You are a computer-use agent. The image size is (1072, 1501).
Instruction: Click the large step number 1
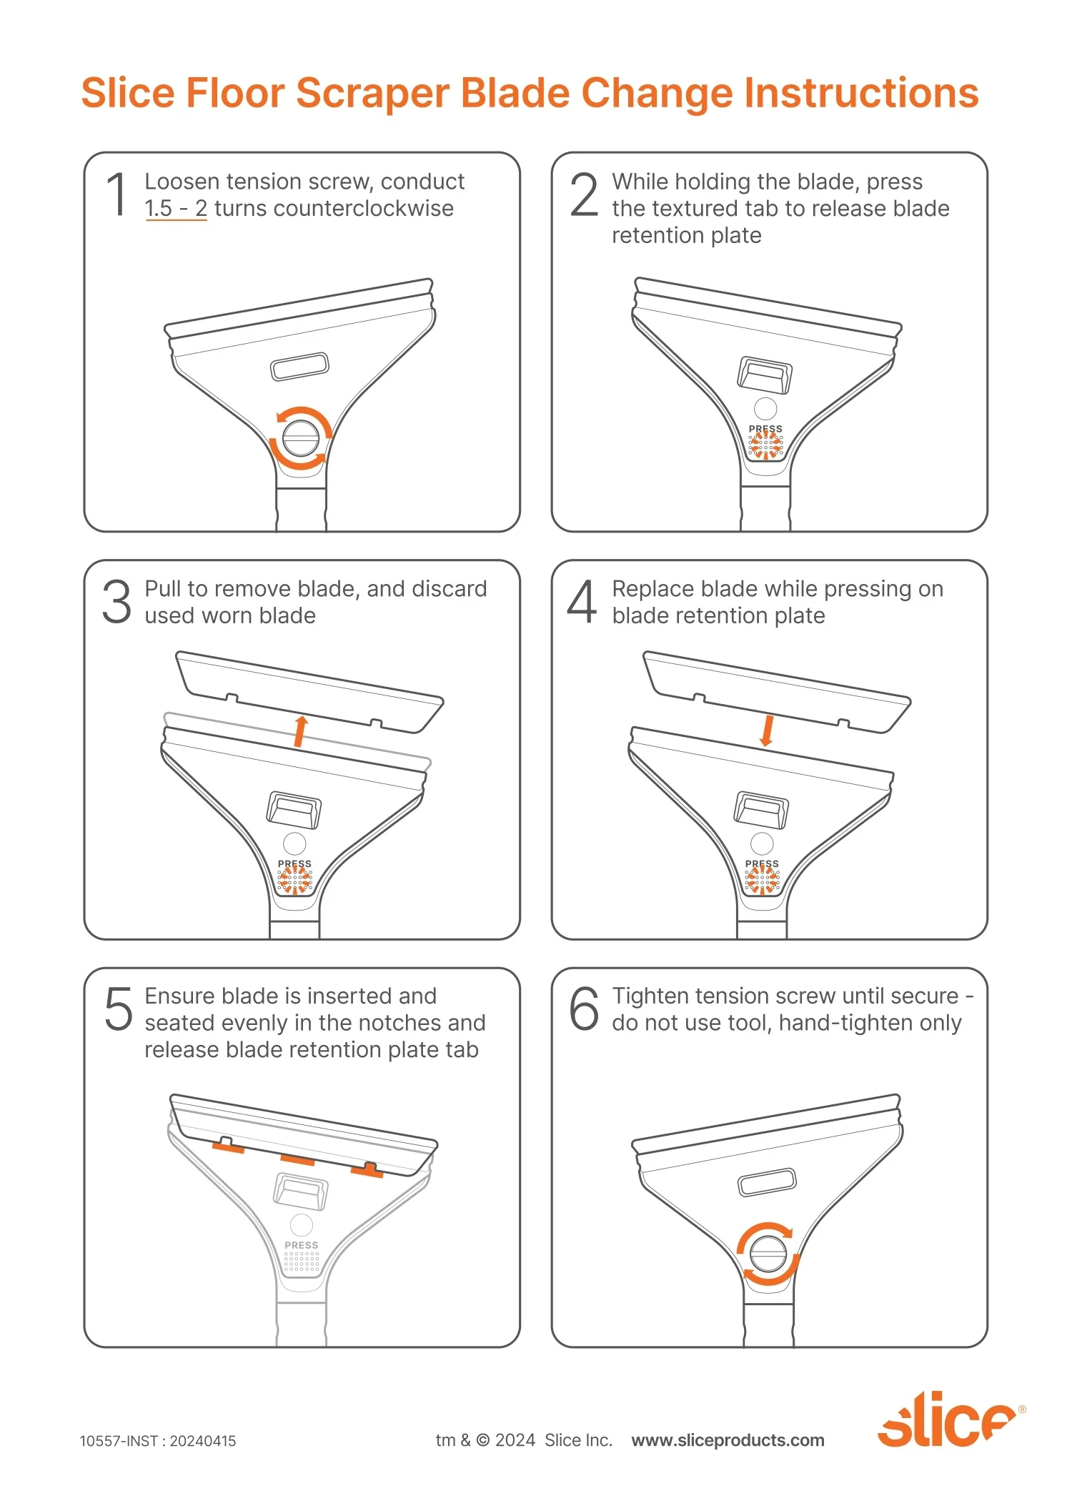(x=117, y=194)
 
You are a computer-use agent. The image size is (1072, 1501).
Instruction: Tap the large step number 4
(x=582, y=601)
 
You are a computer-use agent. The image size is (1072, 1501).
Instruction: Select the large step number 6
(x=584, y=1009)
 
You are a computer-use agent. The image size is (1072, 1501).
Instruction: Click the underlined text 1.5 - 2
(x=176, y=209)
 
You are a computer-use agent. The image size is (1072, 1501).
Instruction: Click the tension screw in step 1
(x=300, y=438)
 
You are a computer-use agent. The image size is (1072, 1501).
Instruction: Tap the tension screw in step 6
(x=768, y=1254)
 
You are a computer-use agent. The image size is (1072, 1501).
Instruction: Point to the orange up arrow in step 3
(x=301, y=731)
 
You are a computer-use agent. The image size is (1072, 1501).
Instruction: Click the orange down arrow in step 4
(x=768, y=731)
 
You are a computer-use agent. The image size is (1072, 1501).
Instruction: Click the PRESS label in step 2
(x=765, y=429)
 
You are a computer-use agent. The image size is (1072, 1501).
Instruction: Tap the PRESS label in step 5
(x=302, y=1245)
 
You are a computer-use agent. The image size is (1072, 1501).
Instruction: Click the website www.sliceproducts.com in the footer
(x=728, y=1440)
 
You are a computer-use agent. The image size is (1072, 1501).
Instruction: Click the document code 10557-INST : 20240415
(x=158, y=1441)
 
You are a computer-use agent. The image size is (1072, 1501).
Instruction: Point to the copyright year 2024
(x=515, y=1440)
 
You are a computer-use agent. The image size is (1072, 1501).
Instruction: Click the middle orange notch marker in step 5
(x=297, y=1159)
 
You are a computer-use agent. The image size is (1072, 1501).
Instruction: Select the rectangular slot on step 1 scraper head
(x=299, y=366)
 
